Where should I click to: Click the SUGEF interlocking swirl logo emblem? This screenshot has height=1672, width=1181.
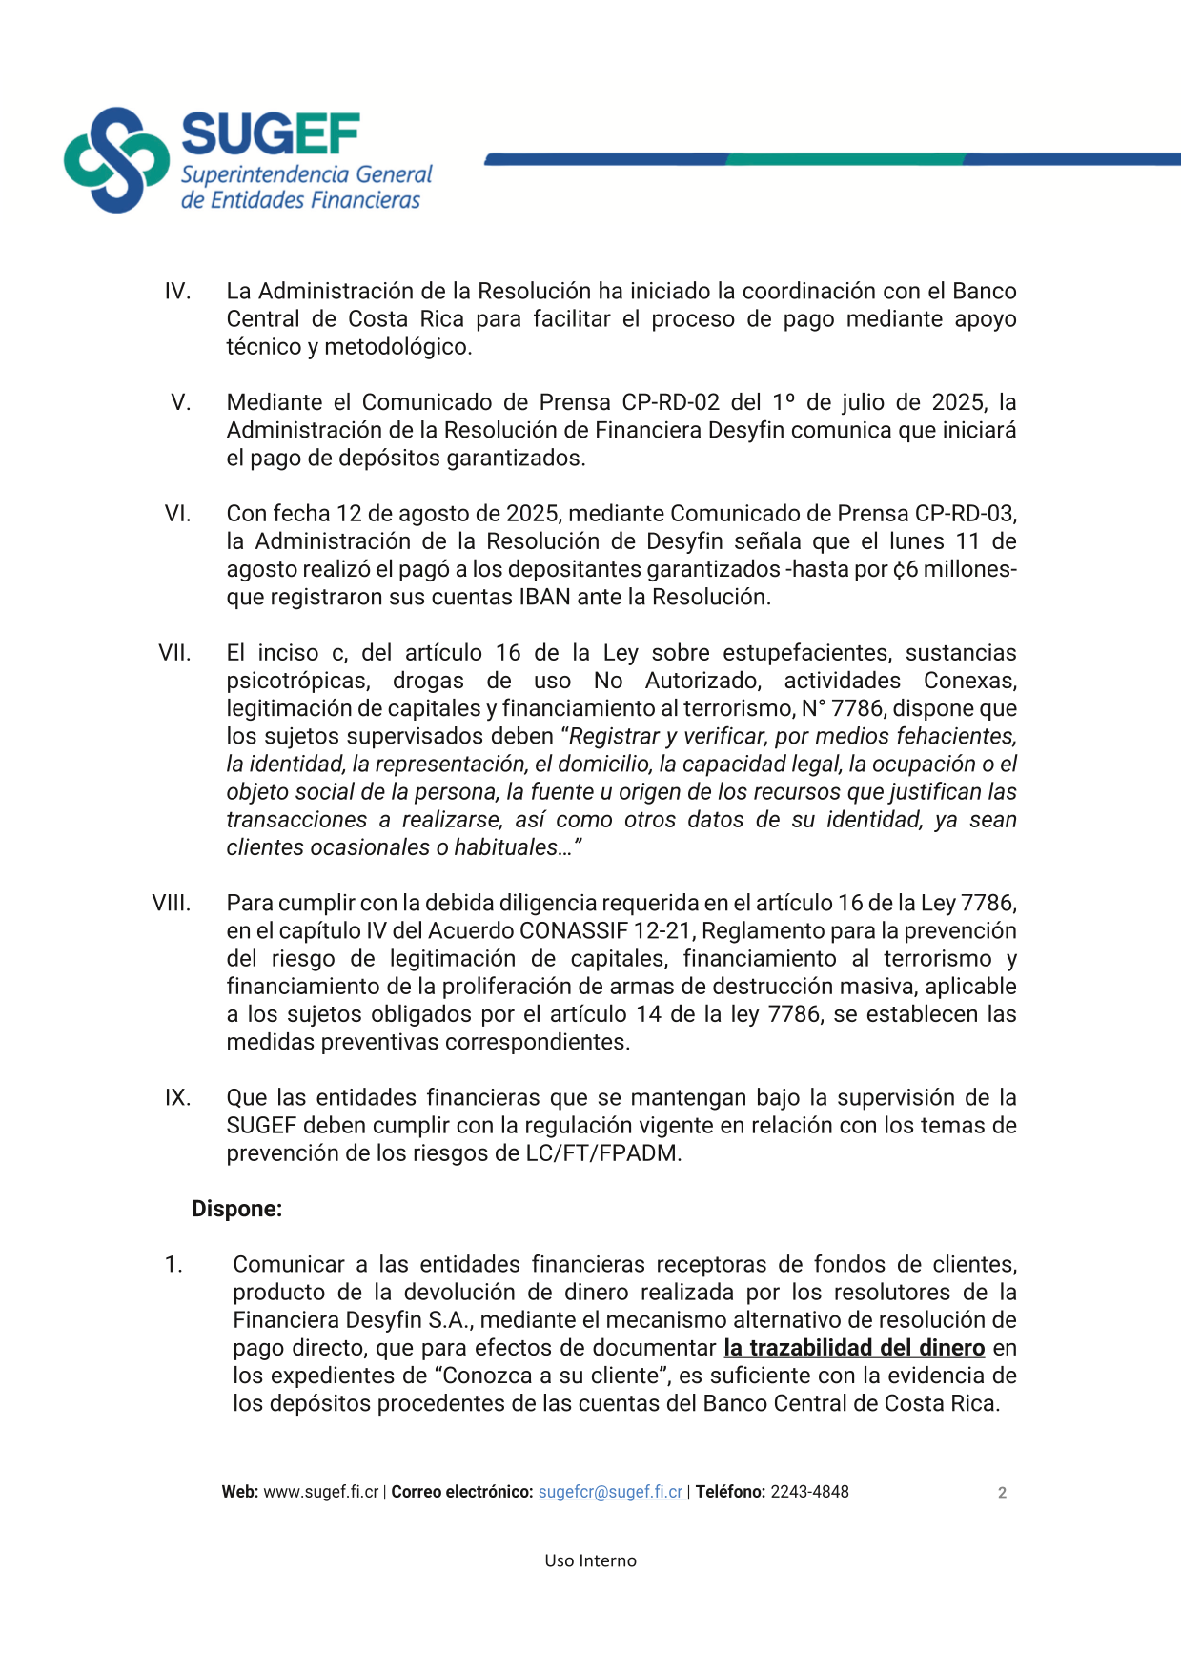(x=115, y=159)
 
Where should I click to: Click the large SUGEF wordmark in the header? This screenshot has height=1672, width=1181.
(x=270, y=134)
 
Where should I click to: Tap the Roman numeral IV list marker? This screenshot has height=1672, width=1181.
(x=177, y=291)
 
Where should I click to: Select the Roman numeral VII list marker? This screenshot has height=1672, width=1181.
(x=174, y=653)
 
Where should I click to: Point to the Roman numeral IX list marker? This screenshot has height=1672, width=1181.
(x=177, y=1097)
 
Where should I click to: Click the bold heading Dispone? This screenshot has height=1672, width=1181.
(x=236, y=1209)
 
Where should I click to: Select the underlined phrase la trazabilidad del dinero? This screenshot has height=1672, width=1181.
(x=854, y=1348)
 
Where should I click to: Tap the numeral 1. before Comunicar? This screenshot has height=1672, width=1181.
(x=173, y=1265)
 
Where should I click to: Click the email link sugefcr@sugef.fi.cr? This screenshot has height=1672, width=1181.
(x=610, y=1492)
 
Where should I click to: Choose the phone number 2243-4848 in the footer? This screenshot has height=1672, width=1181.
(x=809, y=1492)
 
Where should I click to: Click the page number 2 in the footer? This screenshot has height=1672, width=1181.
(x=1002, y=1493)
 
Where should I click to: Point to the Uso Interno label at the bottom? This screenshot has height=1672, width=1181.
(x=590, y=1560)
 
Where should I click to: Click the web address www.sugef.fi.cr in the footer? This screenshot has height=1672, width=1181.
(x=321, y=1492)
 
